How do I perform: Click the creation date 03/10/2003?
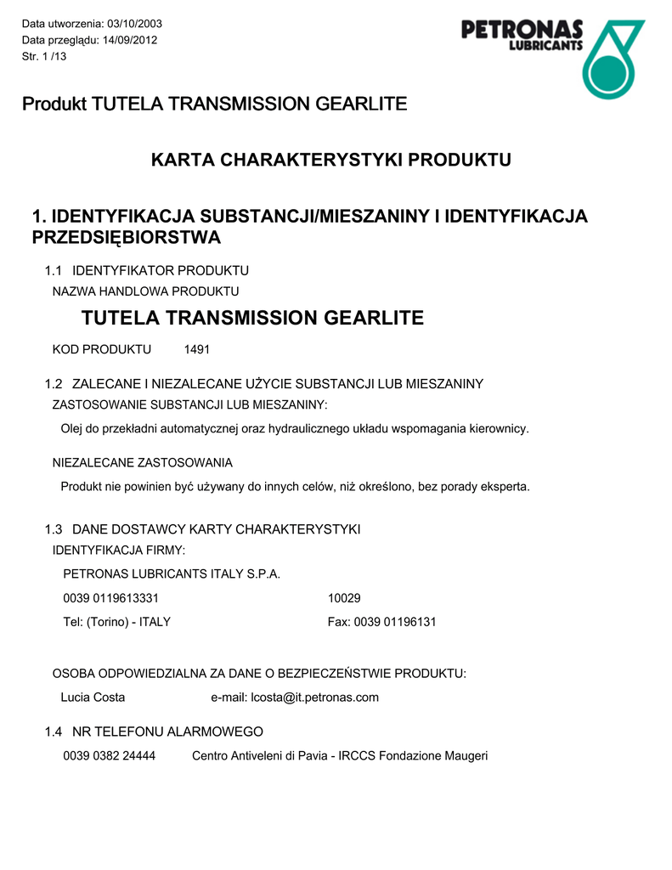[134, 22]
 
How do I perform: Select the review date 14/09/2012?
[130, 39]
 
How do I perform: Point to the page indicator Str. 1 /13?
[44, 56]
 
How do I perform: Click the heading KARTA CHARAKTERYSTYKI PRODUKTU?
[330, 160]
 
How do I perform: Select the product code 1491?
[197, 349]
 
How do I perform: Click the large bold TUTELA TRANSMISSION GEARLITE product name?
[252, 319]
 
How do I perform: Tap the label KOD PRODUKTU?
[102, 349]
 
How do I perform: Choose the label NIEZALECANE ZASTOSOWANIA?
[143, 462]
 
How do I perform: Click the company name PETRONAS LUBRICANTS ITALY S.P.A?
[172, 573]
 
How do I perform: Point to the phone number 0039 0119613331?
[111, 598]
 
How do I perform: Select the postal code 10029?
[344, 598]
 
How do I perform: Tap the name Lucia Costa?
[93, 698]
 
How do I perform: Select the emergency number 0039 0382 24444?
[110, 755]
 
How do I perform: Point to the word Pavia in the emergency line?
[311, 755]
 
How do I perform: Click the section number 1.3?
[54, 529]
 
